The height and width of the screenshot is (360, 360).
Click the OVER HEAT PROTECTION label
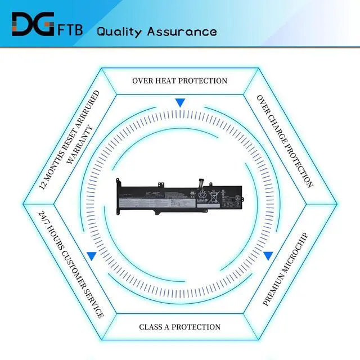(179, 80)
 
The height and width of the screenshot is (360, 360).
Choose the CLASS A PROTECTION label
(179, 327)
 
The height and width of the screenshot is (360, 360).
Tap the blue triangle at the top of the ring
(180, 103)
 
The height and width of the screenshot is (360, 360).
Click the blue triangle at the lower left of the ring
(91, 256)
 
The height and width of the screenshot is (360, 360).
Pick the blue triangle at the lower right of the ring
(268, 255)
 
